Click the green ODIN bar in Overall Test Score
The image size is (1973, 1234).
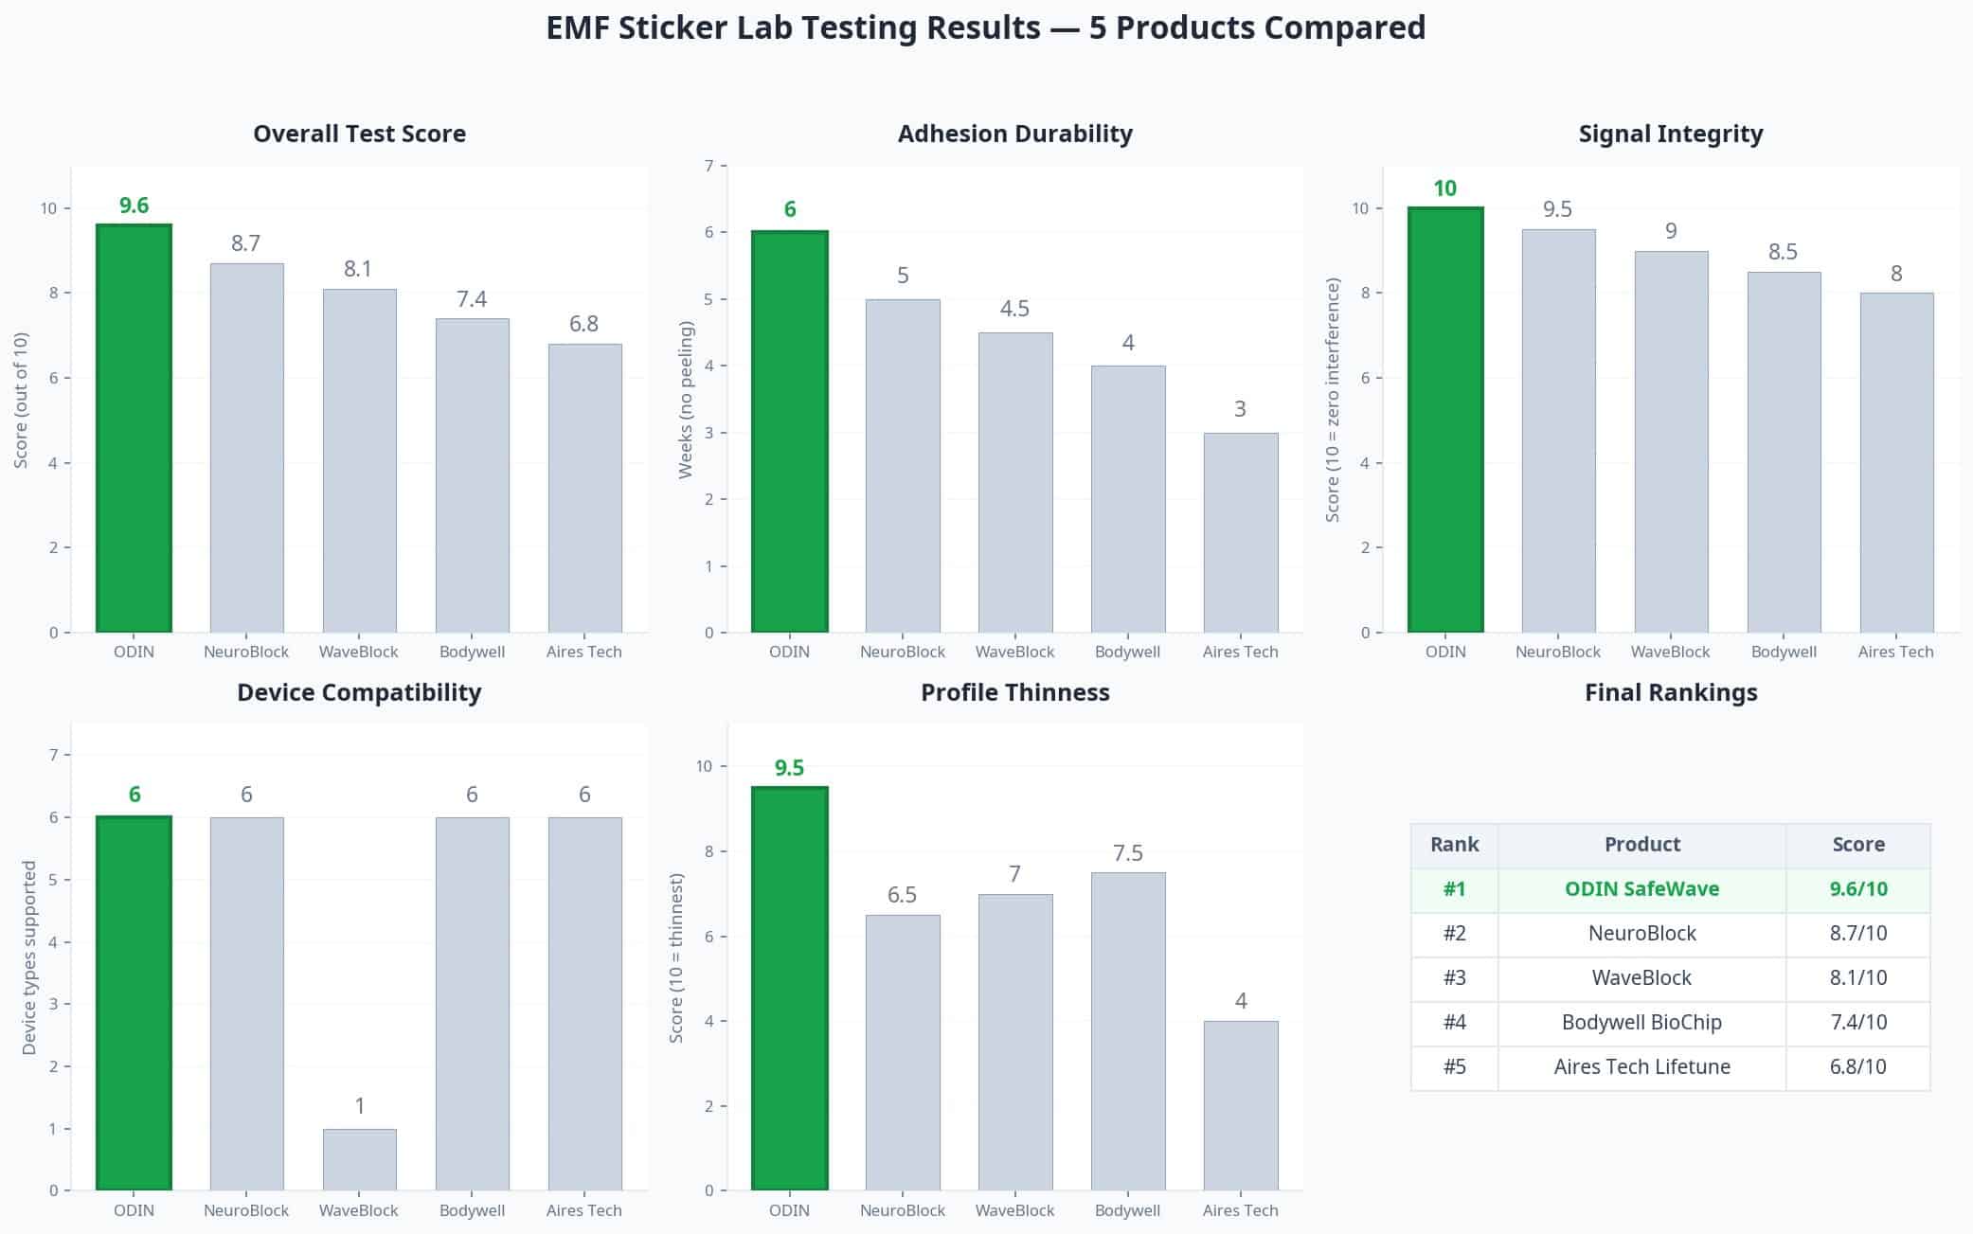(x=134, y=428)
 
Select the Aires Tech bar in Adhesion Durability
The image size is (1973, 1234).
(x=1240, y=532)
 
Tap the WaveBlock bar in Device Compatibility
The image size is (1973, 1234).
(x=359, y=1159)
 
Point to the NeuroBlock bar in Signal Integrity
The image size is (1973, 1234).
(x=1557, y=431)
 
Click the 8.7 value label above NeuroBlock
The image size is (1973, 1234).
(x=245, y=243)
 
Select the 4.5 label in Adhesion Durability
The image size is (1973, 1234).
(x=1014, y=309)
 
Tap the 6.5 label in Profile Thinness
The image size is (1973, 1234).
(x=902, y=895)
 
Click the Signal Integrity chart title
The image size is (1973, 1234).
(x=1670, y=134)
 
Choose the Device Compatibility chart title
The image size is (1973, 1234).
(x=359, y=692)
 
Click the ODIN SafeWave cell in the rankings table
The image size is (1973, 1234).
(x=1641, y=889)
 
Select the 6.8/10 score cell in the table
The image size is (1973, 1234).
(x=1857, y=1067)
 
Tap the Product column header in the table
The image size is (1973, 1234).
(x=1641, y=845)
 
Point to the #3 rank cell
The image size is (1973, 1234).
(x=1454, y=978)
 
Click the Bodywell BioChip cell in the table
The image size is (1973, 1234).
(x=1641, y=1023)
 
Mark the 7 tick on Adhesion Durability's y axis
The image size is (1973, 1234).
(x=708, y=166)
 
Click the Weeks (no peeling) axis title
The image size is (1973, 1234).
(x=686, y=400)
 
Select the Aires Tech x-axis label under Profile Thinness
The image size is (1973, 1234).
(x=1240, y=1210)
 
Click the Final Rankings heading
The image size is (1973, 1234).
(x=1670, y=692)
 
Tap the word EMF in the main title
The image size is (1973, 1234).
(x=577, y=27)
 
